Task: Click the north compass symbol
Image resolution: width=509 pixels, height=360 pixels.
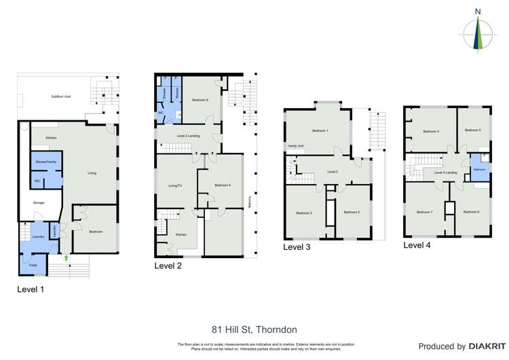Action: point(478,33)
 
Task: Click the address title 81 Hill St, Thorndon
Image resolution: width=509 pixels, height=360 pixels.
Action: point(254,311)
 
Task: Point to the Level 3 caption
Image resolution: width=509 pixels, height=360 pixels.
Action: point(297,247)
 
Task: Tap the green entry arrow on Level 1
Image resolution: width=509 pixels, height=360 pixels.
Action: point(66,258)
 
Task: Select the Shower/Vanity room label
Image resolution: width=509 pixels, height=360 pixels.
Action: point(46,161)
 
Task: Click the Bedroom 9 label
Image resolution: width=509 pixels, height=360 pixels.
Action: point(200,100)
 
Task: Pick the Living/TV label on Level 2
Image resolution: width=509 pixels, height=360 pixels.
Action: point(176,185)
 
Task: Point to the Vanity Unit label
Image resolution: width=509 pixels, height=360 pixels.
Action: point(295,146)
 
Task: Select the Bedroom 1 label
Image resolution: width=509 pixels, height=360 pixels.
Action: point(320,130)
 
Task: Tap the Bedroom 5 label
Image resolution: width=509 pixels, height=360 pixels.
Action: point(473,130)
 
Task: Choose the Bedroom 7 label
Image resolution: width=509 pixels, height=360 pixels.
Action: point(426,213)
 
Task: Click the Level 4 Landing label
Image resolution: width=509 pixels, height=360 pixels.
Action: point(445,173)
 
